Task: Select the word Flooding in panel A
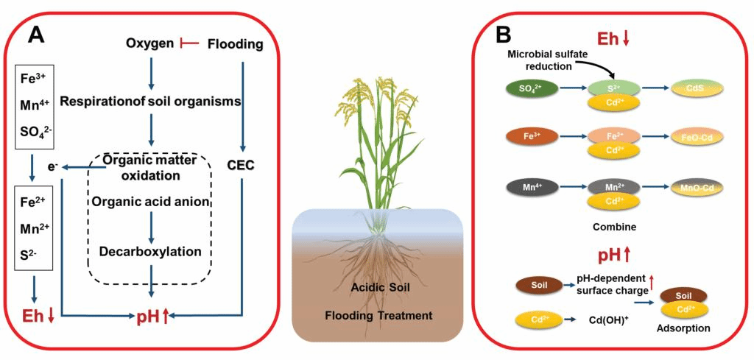point(235,44)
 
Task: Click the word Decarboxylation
point(151,251)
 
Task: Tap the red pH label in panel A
point(151,318)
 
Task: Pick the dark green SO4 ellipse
point(530,89)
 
